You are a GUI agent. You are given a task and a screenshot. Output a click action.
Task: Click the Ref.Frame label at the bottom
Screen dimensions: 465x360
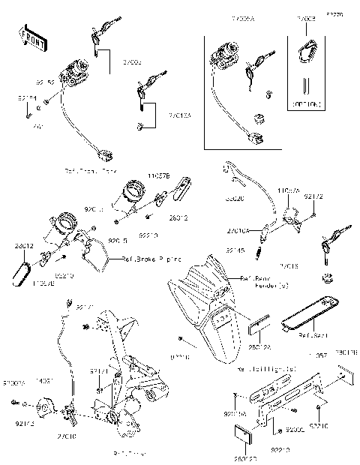pyautogui.click(x=127, y=454)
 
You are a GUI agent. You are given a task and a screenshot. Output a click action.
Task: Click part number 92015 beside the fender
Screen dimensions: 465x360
pyautogui.click(x=181, y=358)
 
